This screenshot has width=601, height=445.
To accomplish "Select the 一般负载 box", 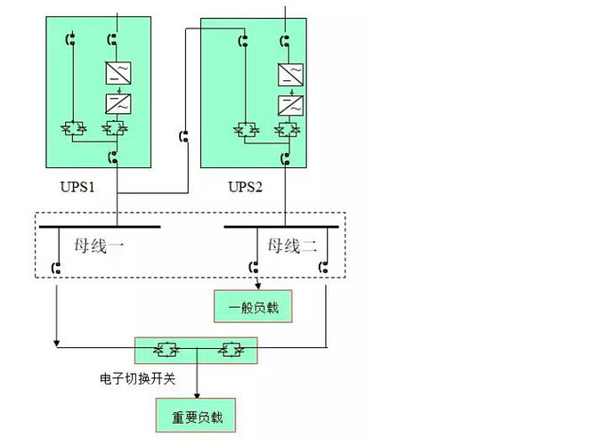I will click(253, 307).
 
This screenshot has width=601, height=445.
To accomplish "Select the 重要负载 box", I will click(197, 416).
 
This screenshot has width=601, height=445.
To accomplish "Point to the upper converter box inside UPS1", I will click(114, 72).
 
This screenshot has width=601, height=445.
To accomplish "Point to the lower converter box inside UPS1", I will click(114, 102).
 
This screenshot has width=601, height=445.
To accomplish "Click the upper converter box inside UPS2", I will click(287, 73).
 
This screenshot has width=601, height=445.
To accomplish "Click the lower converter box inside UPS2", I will click(287, 103).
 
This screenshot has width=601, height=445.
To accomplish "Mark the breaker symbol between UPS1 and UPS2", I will click(185, 137).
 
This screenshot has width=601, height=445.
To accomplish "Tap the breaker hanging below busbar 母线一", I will click(56, 266).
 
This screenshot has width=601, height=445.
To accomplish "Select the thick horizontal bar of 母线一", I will click(99, 227).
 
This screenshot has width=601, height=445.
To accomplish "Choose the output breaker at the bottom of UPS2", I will click(286, 159).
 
